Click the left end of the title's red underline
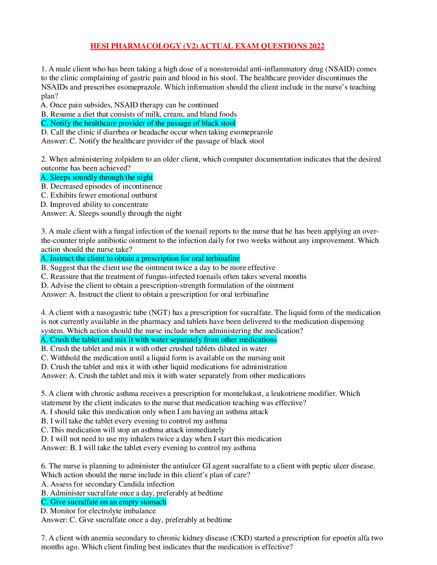pos(90,49)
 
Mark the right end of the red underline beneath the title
pos(325,49)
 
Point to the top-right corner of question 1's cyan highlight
pos(236,119)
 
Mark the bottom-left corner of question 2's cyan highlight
pos(41,182)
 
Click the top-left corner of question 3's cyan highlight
pos(41,254)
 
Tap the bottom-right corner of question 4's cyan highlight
pos(277,344)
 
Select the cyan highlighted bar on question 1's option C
pos(138,123)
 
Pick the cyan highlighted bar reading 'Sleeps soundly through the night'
pos(97,177)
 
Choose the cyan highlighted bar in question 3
pos(140,258)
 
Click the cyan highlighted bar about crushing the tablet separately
pos(159,340)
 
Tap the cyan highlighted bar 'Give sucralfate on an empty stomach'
pos(104,502)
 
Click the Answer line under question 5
pos(149,448)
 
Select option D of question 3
pos(167,285)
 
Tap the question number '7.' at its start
pos(44,538)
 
